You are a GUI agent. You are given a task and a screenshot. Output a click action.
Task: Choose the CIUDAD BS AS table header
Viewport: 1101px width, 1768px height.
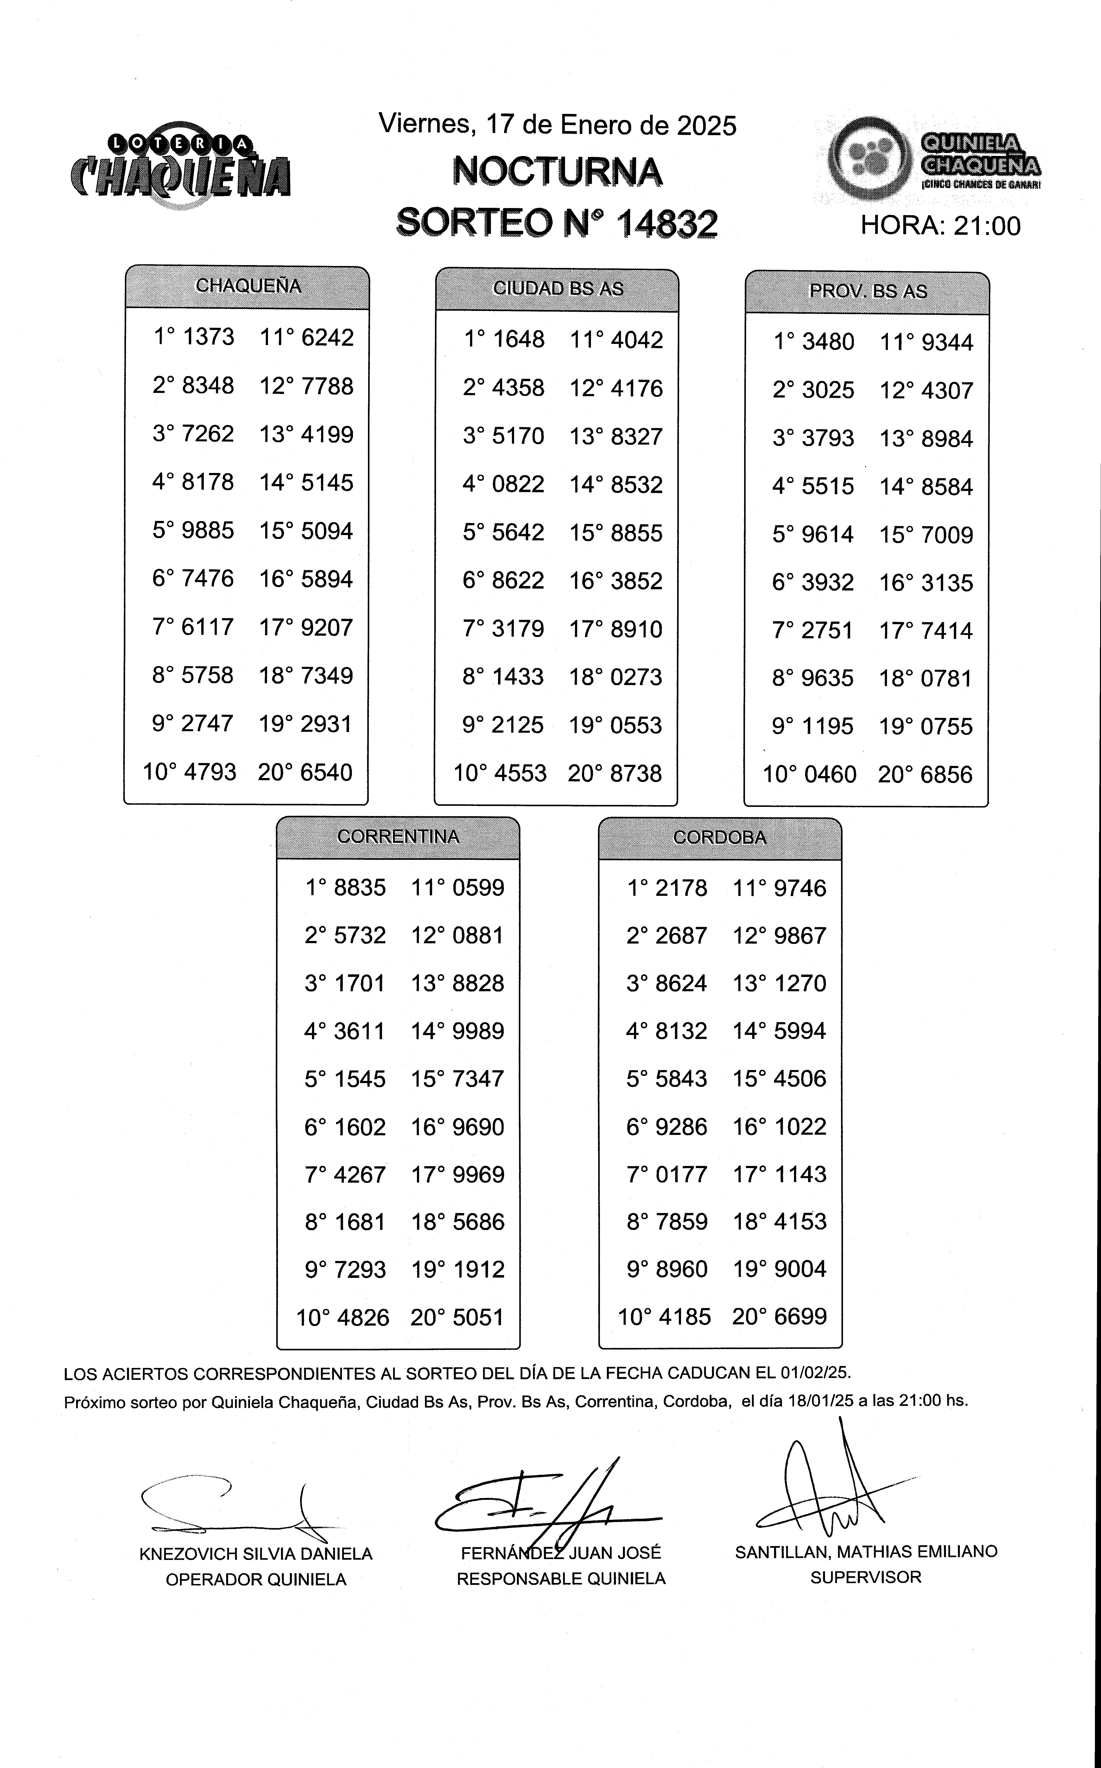click(558, 289)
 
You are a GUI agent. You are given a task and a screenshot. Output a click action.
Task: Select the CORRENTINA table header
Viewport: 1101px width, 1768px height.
click(398, 837)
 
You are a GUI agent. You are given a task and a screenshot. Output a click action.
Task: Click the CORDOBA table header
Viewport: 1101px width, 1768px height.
click(719, 838)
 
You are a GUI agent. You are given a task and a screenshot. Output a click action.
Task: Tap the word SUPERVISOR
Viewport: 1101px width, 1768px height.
click(866, 1577)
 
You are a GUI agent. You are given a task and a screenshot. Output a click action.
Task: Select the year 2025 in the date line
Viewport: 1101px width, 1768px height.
click(706, 126)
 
